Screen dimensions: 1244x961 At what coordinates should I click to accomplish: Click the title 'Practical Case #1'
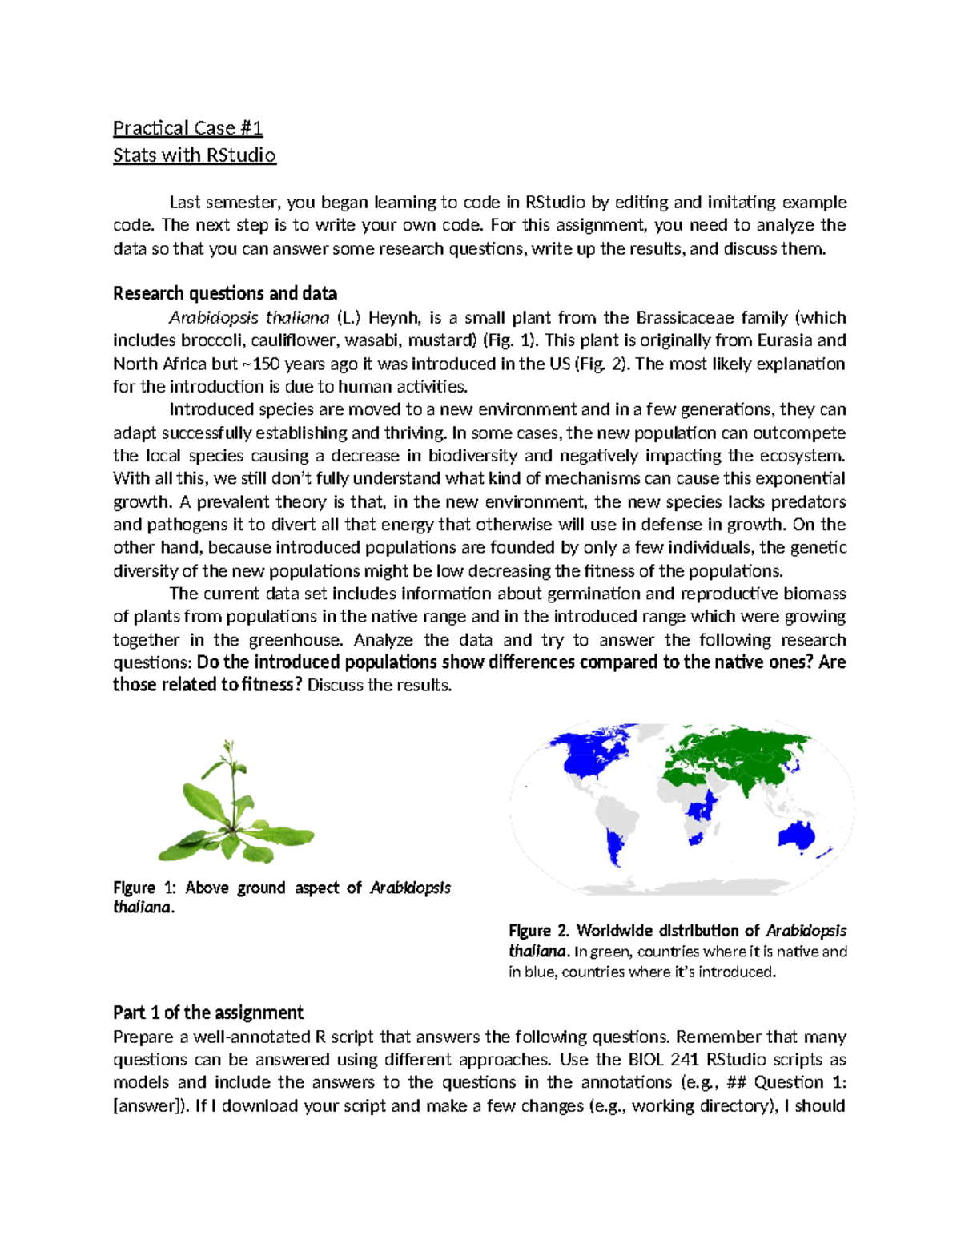(187, 128)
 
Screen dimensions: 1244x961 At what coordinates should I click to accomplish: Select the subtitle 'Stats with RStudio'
(194, 155)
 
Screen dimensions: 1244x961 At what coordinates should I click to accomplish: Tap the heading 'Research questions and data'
(224, 293)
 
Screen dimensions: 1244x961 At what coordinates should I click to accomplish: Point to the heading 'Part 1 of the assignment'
(207, 1013)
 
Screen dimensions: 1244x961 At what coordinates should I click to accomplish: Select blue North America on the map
(593, 753)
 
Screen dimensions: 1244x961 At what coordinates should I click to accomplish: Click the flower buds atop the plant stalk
(229, 749)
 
